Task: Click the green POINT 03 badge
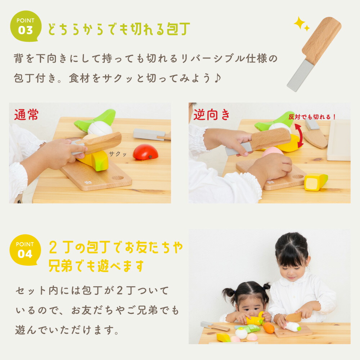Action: (x=25, y=26)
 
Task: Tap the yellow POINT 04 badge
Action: (x=25, y=250)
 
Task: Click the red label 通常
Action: (x=26, y=115)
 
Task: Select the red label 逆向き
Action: (x=212, y=115)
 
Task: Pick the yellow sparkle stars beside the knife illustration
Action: (x=302, y=24)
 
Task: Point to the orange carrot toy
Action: (x=269, y=328)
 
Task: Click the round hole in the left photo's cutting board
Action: (x=117, y=177)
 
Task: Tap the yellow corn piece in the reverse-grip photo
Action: (x=316, y=182)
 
